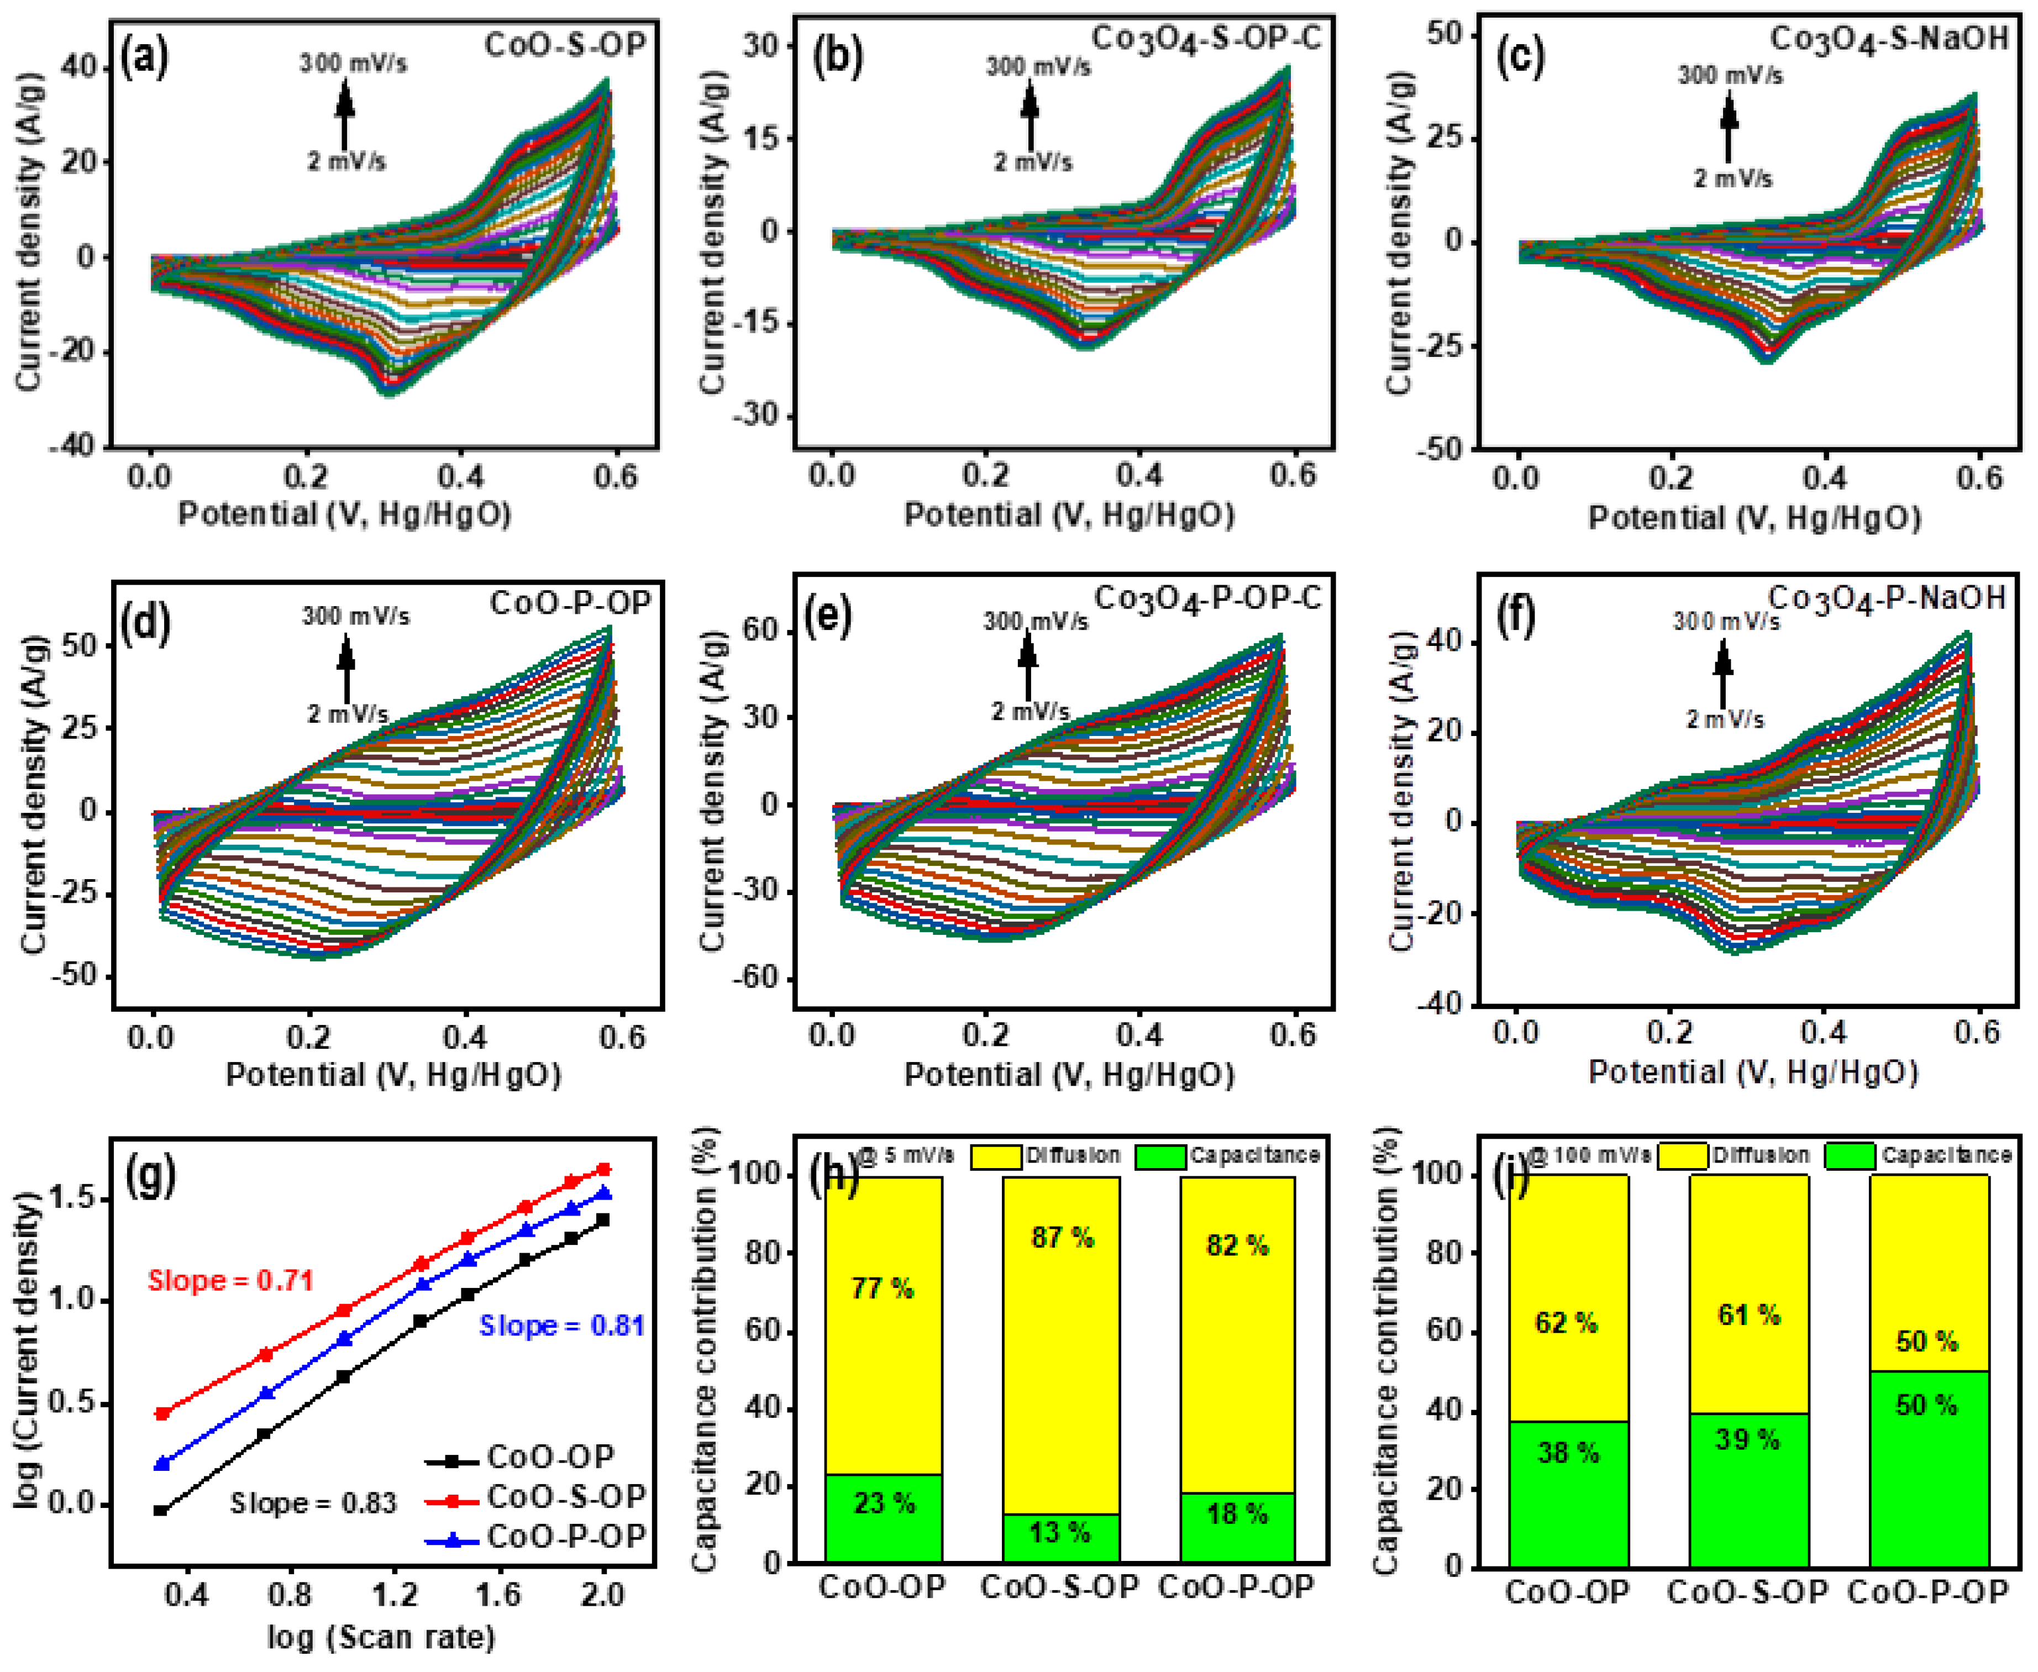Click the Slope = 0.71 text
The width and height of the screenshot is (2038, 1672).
coord(230,1281)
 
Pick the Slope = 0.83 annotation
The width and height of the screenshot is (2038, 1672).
coord(313,1503)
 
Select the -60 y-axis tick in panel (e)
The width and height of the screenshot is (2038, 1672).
coord(758,976)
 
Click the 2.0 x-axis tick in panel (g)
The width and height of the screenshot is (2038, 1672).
coord(603,1595)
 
